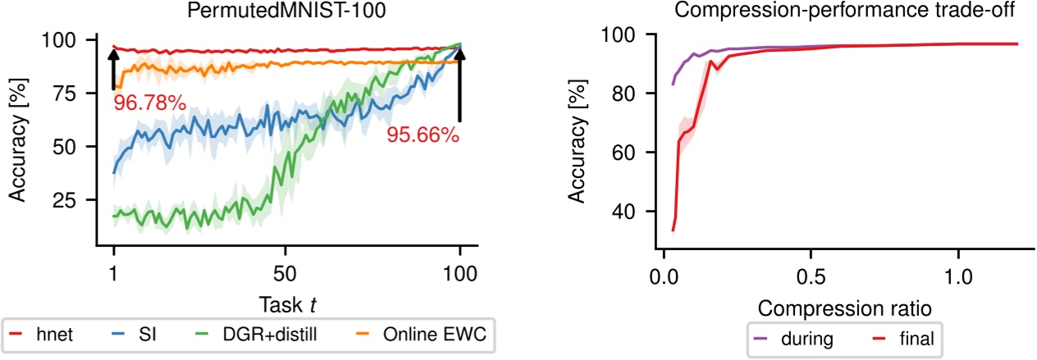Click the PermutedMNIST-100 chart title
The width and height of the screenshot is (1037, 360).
tap(286, 12)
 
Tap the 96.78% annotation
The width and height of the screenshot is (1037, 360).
tap(148, 104)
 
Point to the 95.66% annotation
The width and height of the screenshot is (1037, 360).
tap(423, 134)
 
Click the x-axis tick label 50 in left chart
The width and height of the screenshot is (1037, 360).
tap(286, 273)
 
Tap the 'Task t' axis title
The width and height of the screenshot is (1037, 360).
tap(286, 303)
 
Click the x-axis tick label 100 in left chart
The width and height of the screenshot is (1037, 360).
tap(460, 273)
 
